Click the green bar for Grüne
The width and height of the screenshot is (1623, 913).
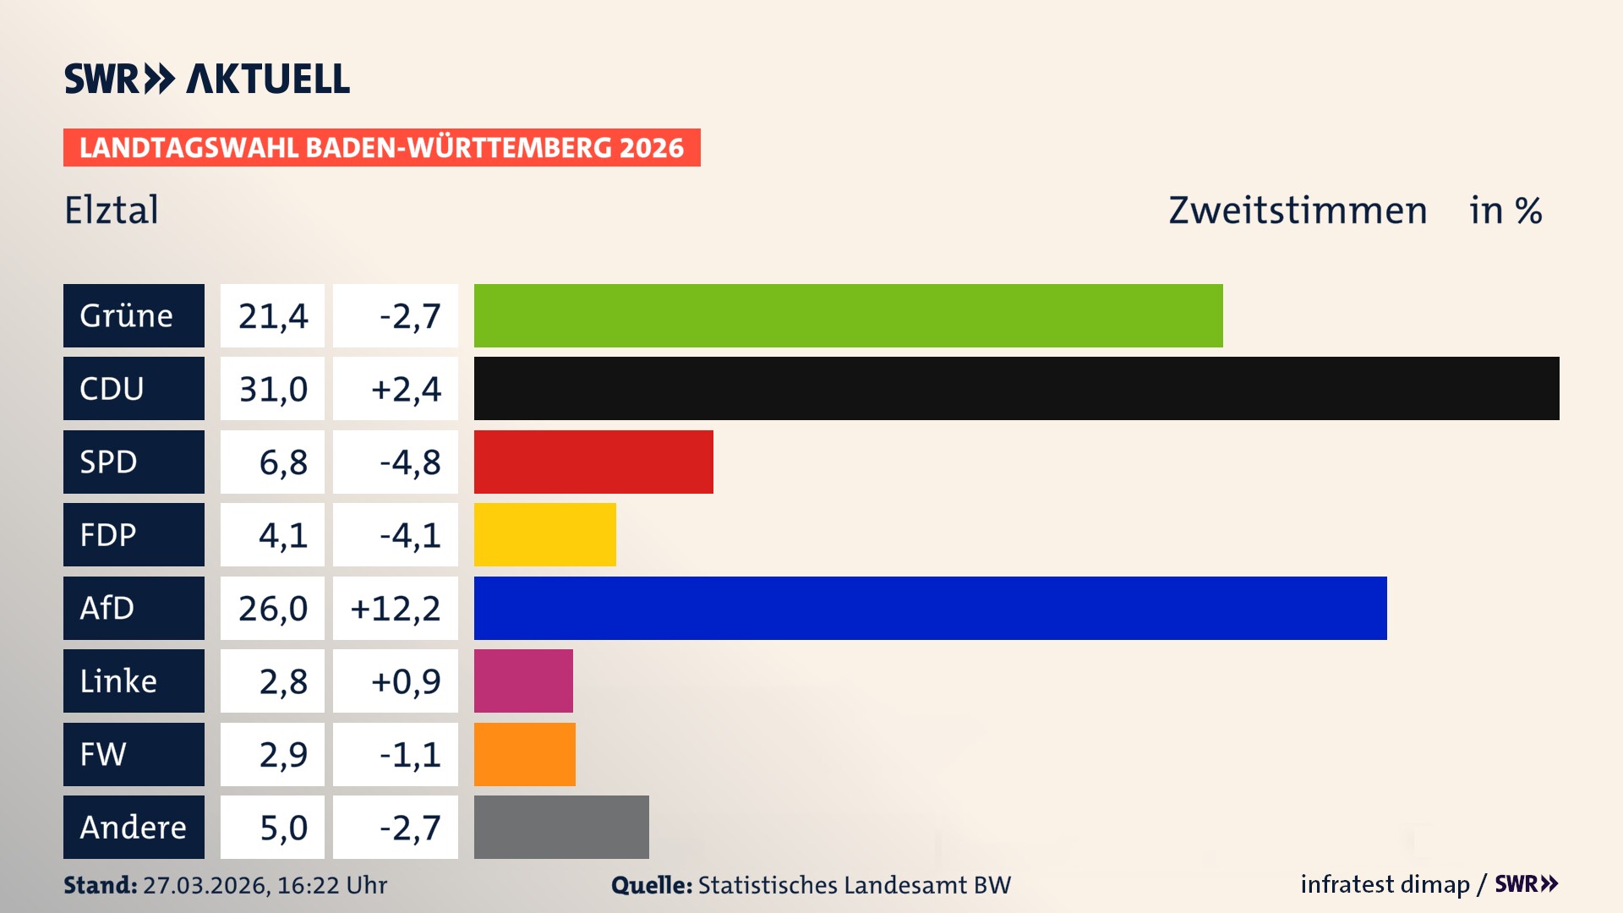pyautogui.click(x=848, y=315)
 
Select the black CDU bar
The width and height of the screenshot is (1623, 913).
pyautogui.click(x=1016, y=388)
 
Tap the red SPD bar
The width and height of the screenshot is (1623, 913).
pyautogui.click(x=593, y=462)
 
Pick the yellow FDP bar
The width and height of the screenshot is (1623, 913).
pyautogui.click(x=544, y=534)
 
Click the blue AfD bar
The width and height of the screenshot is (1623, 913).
pyautogui.click(x=930, y=608)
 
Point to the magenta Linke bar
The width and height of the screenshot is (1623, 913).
pyautogui.click(x=523, y=681)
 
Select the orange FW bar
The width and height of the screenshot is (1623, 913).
pyautogui.click(x=524, y=754)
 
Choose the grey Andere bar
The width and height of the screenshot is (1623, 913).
pyautogui.click(x=561, y=827)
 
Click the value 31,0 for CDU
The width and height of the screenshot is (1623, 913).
pyautogui.click(x=272, y=389)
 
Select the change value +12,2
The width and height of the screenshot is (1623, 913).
pyautogui.click(x=395, y=609)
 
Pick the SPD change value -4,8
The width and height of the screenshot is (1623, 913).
pyautogui.click(x=410, y=462)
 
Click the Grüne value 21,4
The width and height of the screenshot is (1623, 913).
pyautogui.click(x=272, y=316)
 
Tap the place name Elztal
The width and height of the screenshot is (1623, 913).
pyautogui.click(x=112, y=210)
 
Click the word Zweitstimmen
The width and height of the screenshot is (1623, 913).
pyautogui.click(x=1298, y=210)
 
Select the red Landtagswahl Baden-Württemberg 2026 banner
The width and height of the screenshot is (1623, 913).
pyautogui.click(x=381, y=148)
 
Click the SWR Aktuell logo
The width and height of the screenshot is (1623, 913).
pyautogui.click(x=207, y=79)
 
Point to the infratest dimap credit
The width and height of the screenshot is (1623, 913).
pyautogui.click(x=1385, y=884)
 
